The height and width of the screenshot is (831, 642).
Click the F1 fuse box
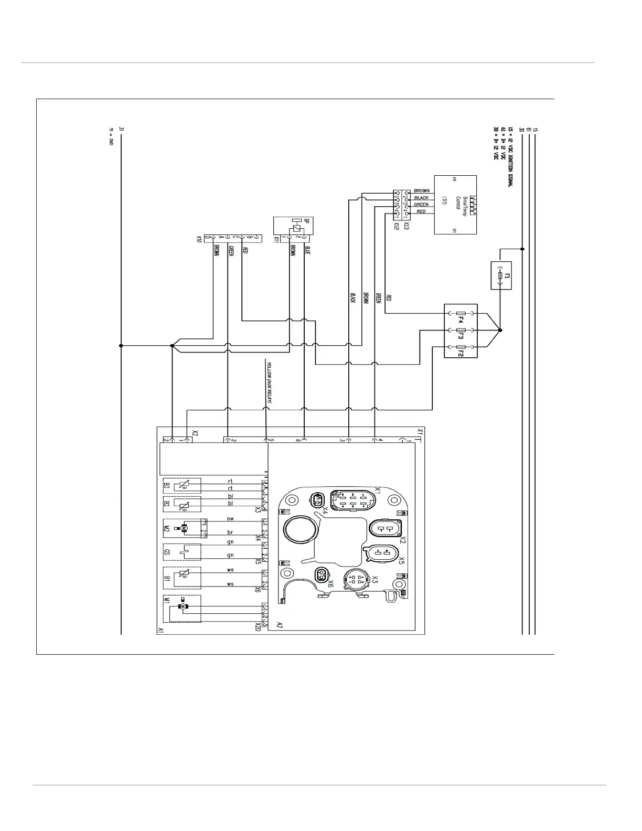click(501, 275)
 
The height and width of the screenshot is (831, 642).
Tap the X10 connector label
click(199, 239)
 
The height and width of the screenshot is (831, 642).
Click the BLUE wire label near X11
click(307, 251)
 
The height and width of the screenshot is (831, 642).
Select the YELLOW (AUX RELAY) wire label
click(269, 382)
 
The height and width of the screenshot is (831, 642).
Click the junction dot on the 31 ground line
click(121, 346)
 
